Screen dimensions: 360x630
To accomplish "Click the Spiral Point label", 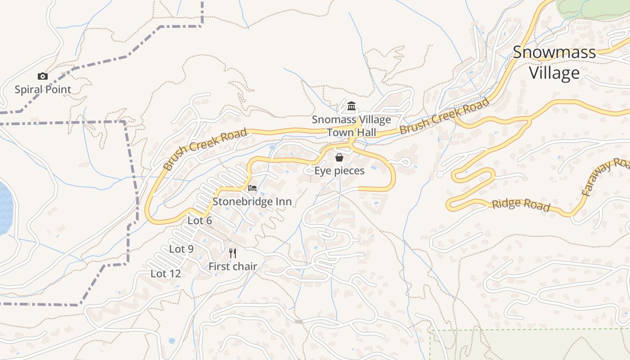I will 43,90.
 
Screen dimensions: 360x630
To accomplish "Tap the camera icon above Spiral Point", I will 43,76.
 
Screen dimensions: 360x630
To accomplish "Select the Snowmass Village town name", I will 554,63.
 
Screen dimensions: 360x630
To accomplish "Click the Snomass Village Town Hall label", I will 351,126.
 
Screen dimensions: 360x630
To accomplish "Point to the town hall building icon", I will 351,106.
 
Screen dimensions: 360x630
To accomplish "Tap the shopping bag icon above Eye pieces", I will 339,157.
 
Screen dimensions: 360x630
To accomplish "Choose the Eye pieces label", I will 339,171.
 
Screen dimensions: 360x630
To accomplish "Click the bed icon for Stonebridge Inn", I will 252,188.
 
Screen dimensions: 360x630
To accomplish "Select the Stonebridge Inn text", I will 252,202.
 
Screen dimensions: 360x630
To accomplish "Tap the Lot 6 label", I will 199,220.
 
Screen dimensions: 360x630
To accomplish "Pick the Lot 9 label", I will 181,249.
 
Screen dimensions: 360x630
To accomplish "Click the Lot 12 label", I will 166,274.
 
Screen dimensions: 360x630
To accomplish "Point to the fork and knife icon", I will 233,253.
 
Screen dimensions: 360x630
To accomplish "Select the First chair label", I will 233,266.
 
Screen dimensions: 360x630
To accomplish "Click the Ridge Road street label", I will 521,204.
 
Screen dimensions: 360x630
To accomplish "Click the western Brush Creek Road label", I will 205,148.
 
